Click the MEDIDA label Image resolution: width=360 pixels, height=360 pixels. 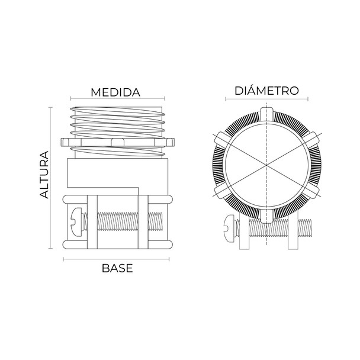[115, 92]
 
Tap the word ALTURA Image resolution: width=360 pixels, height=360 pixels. [44, 175]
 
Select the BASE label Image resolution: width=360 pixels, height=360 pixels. [117, 268]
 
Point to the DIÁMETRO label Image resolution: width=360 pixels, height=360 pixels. [266, 91]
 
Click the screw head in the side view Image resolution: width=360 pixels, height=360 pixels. [76, 222]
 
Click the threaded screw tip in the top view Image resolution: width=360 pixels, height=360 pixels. [305, 228]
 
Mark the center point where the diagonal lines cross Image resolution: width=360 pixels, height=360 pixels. [266, 165]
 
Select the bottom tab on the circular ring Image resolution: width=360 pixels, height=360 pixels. [266, 216]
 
